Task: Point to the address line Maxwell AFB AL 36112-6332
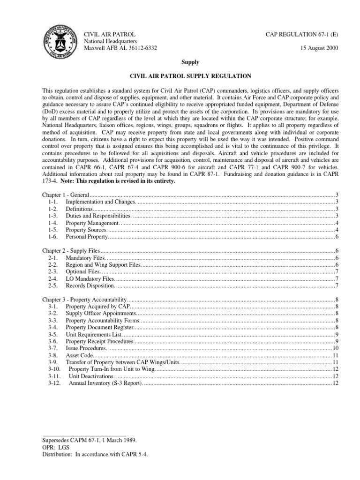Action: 120,48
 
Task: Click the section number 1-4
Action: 53,222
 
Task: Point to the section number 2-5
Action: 53,285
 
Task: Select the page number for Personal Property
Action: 337,236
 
